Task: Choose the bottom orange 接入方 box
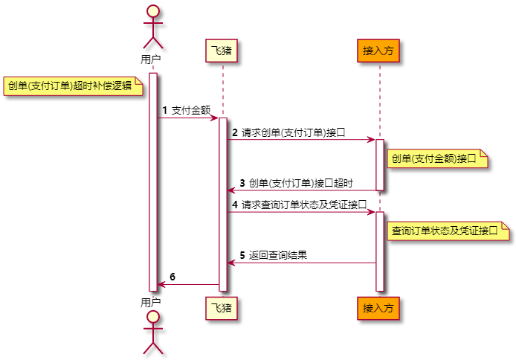tap(378, 306)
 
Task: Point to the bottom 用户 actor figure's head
tap(152, 317)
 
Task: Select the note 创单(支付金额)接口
tap(437, 158)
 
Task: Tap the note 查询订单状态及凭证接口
tap(448, 231)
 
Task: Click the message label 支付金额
tap(190, 111)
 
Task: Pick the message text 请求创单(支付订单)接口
tap(293, 132)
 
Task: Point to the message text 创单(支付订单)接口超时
tap(300, 183)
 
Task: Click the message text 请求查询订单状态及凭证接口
tap(304, 205)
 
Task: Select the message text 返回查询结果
tap(278, 255)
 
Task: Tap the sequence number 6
tap(172, 277)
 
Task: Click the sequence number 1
tap(164, 111)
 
